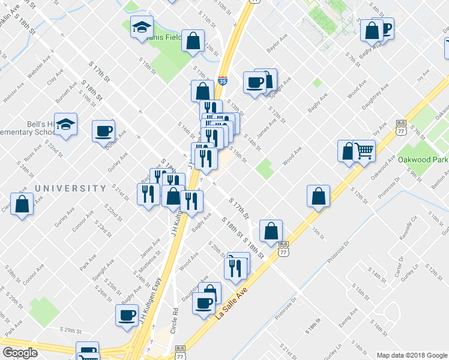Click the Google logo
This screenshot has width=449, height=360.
point(20,353)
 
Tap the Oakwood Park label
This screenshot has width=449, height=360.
point(423,161)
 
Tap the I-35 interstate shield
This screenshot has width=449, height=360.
point(223,79)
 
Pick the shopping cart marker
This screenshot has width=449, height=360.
point(364,151)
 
